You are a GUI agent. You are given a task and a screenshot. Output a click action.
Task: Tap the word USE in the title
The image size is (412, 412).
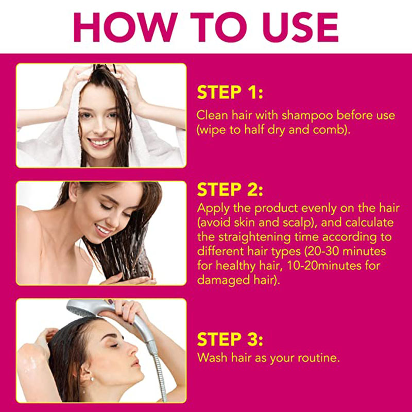[x=300, y=27]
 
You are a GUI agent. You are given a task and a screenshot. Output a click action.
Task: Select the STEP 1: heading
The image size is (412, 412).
[x=230, y=92]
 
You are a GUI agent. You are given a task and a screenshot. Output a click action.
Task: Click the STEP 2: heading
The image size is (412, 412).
[x=230, y=190]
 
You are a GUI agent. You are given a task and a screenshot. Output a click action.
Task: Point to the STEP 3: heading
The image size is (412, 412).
[x=230, y=339]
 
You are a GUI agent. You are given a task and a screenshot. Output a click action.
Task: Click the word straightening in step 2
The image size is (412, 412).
[x=254, y=237]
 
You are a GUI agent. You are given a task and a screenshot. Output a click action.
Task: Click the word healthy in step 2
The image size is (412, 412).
[x=236, y=266]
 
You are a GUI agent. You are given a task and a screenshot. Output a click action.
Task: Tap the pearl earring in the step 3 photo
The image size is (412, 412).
[x=92, y=379]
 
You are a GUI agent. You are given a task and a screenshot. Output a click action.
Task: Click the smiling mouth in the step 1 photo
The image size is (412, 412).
[x=100, y=142]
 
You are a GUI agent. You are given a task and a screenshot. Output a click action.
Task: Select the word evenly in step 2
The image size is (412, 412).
[x=318, y=209]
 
